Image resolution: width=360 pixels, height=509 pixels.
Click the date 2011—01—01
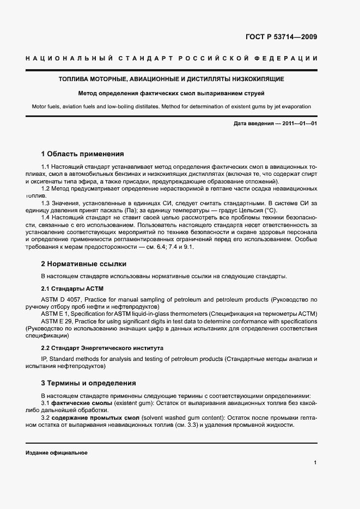[x=298, y=124]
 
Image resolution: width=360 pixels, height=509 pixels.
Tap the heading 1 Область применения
[x=82, y=154]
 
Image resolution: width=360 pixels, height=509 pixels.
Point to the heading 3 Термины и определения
[x=88, y=383]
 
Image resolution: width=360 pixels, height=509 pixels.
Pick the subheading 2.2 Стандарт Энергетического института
[x=102, y=347]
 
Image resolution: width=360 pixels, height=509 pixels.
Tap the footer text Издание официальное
[x=57, y=453]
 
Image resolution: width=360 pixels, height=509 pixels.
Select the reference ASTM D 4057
[x=64, y=300]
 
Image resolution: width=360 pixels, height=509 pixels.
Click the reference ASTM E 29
[x=58, y=322]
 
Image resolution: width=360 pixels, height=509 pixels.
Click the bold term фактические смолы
[x=82, y=402]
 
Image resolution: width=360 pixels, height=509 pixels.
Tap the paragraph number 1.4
[x=46, y=217]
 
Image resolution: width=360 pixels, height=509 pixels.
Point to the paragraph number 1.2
[x=46, y=188]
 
